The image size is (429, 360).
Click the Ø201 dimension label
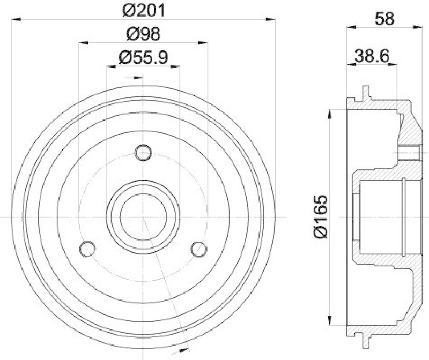pyautogui.click(x=143, y=10)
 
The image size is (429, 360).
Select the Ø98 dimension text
pyautogui.click(x=143, y=34)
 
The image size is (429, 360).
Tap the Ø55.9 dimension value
pyautogui.click(x=143, y=57)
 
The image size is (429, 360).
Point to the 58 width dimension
pyautogui.click(x=384, y=18)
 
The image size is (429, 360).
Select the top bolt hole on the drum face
pyautogui.click(x=143, y=153)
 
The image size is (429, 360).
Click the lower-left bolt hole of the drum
pyautogui.click(x=87, y=249)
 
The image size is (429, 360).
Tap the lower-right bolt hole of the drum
pyautogui.click(x=199, y=249)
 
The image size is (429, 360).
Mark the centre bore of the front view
pyautogui.click(x=143, y=217)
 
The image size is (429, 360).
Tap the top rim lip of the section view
pyautogui.click(x=366, y=92)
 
